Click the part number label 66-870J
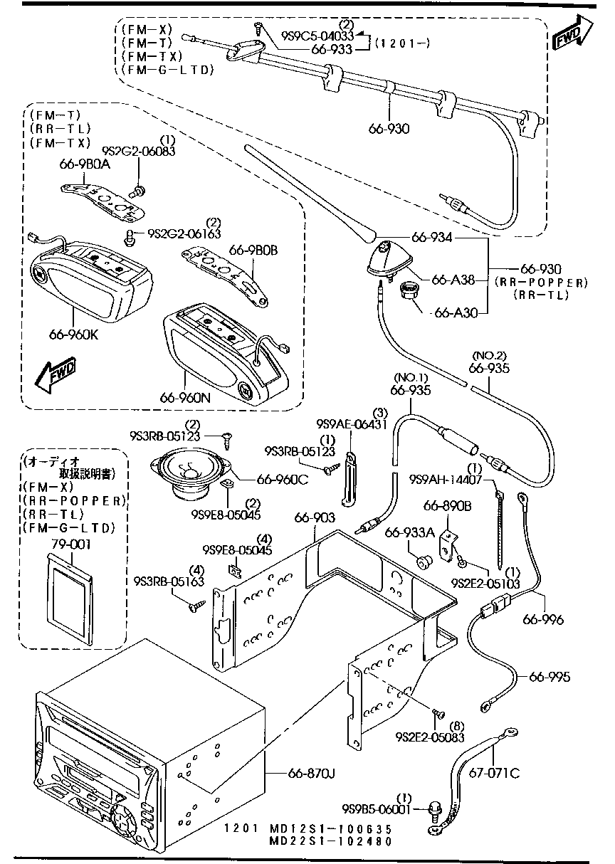point(312,773)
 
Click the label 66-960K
point(75,332)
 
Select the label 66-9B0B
point(253,250)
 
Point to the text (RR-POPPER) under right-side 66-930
point(541,282)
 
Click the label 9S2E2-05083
point(430,738)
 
